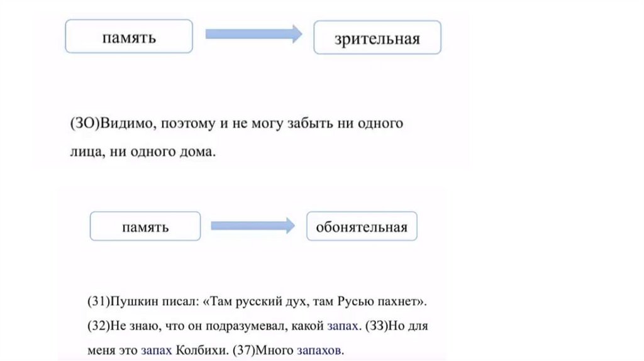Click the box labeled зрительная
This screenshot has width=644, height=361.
pyautogui.click(x=377, y=38)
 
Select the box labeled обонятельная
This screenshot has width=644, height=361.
pyautogui.click(x=362, y=226)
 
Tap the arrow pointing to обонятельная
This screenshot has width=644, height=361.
pyautogui.click(x=252, y=226)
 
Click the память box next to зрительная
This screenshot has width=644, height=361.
pyautogui.click(x=129, y=36)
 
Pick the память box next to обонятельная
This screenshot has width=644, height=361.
pyautogui.click(x=145, y=226)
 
